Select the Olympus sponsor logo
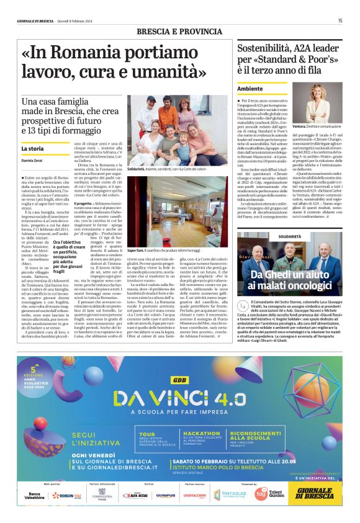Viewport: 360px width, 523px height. pyautogui.click(x=165, y=495)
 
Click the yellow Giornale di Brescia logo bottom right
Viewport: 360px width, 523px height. pyautogui.click(x=315, y=494)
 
